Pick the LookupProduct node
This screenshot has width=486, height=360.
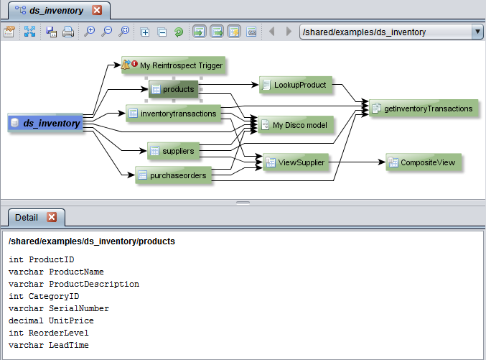[294, 85]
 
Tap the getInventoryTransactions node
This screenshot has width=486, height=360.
[423, 109]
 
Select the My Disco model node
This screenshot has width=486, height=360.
[295, 125]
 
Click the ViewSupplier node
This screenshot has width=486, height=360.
[295, 163]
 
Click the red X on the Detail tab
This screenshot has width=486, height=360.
[52, 217]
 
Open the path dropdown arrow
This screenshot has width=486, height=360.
[477, 32]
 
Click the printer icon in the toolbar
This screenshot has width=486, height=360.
[68, 32]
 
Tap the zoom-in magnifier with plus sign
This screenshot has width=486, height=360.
[90, 32]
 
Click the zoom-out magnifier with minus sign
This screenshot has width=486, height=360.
[107, 32]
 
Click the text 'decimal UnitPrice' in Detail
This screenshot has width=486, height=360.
[51, 320]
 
